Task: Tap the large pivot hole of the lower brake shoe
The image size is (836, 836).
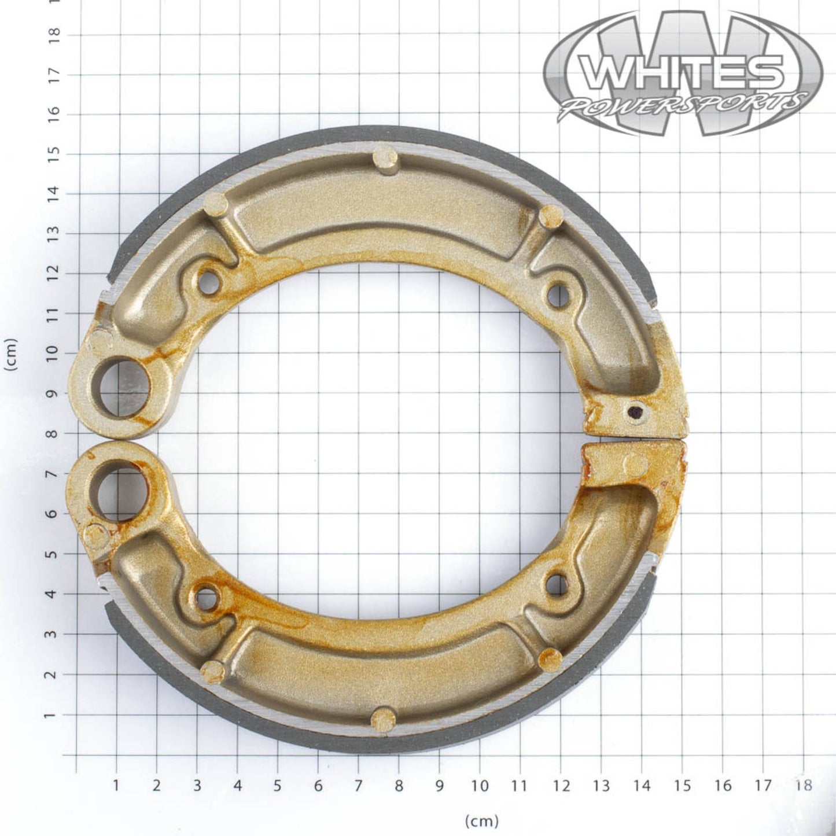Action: [x=121, y=491]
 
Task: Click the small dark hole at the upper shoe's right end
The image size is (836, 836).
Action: [x=635, y=412]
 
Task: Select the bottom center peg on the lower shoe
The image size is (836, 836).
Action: [x=383, y=719]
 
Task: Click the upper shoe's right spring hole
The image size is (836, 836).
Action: [x=558, y=295]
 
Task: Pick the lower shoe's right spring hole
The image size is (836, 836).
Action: [x=557, y=584]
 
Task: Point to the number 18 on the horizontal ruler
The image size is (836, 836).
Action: [x=803, y=785]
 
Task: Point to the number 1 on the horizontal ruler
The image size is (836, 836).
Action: [x=116, y=785]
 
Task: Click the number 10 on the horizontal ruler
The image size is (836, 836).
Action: [x=480, y=785]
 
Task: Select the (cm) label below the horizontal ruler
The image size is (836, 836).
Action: [x=481, y=820]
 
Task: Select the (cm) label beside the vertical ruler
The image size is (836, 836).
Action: [x=11, y=353]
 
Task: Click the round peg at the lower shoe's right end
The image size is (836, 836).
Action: [x=636, y=464]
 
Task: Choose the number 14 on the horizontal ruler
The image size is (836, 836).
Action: [x=642, y=785]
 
